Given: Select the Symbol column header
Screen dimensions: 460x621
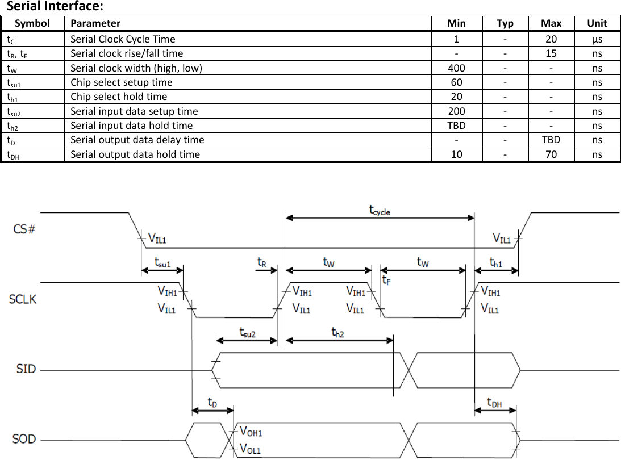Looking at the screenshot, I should click(32, 23).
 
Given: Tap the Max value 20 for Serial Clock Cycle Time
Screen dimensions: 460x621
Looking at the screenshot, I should click(551, 39).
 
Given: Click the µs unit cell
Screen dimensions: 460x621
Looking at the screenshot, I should click(597, 39).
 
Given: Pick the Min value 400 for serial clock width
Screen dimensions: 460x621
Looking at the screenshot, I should click(456, 68).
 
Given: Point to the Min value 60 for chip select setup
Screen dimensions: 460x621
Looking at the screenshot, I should click(456, 82).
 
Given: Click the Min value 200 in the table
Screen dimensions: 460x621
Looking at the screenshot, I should click(456, 111).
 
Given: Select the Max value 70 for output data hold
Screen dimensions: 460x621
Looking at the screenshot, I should click(551, 154).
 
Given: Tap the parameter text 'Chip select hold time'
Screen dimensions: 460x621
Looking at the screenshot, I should click(119, 97).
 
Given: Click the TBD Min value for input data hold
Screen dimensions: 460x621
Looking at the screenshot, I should click(456, 126).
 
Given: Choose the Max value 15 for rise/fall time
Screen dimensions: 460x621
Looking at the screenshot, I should click(551, 53).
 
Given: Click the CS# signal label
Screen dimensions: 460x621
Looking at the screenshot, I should click(24, 230).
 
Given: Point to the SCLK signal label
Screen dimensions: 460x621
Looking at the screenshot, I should click(23, 299).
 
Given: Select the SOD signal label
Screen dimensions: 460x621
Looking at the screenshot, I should click(24, 439).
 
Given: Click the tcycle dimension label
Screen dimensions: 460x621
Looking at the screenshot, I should click(380, 211).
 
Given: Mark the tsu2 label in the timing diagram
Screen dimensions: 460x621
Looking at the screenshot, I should click(247, 333).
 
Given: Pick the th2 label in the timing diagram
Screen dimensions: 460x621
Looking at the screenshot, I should click(337, 333).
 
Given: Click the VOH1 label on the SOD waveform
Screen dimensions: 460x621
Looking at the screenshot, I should click(251, 432).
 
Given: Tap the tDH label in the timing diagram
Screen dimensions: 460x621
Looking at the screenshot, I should click(494, 403).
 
